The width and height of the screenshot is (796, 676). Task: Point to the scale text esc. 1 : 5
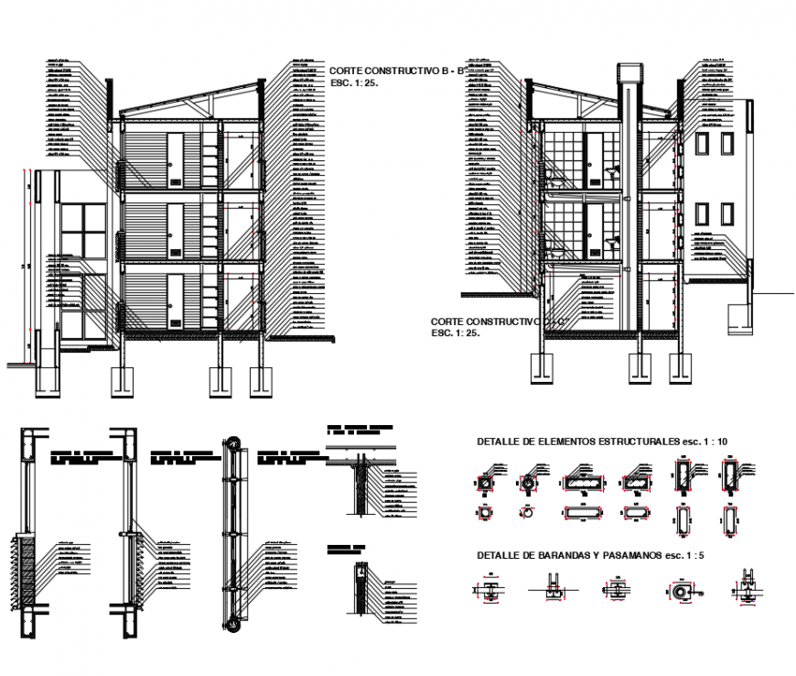pos(672,555)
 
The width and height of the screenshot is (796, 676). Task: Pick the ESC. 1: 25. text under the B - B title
pos(354,82)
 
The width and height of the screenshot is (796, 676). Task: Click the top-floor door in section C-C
pos(591,156)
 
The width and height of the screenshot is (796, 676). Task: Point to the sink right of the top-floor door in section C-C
pos(610,170)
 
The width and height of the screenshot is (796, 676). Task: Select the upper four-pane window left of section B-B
pos(82,229)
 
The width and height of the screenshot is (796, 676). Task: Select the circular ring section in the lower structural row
pos(526,515)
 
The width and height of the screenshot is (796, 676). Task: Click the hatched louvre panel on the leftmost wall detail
pos(28,572)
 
